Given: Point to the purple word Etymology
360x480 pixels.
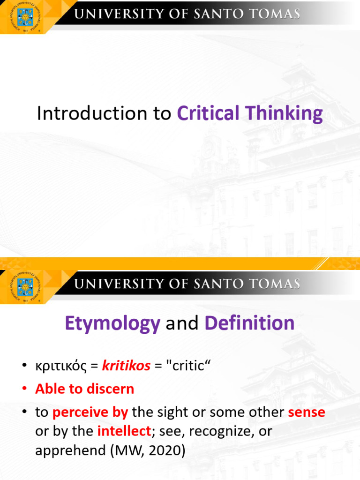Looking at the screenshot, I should [112, 324].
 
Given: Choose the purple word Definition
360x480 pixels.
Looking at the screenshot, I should [249, 323].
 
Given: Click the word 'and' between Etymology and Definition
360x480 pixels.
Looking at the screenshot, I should [182, 323].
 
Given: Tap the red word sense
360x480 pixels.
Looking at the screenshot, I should [306, 412].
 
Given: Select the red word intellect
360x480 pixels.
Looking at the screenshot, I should [124, 431].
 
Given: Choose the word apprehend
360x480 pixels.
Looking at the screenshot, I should [64, 451].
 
